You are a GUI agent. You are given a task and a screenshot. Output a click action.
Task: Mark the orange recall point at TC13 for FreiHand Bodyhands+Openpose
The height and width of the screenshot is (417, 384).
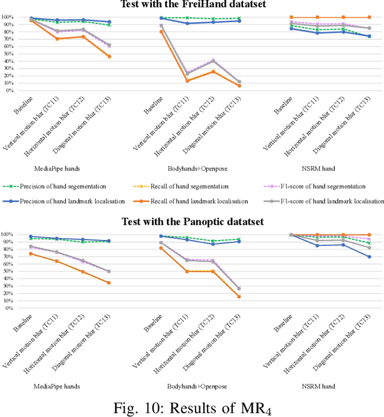(239, 86)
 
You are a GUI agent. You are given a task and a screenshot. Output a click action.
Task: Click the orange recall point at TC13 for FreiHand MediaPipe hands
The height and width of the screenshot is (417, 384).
(109, 56)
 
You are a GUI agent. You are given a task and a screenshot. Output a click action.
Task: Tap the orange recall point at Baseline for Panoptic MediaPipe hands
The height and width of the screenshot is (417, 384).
(31, 253)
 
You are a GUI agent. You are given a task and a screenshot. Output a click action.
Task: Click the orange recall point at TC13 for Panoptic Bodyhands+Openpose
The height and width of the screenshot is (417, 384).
(239, 296)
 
